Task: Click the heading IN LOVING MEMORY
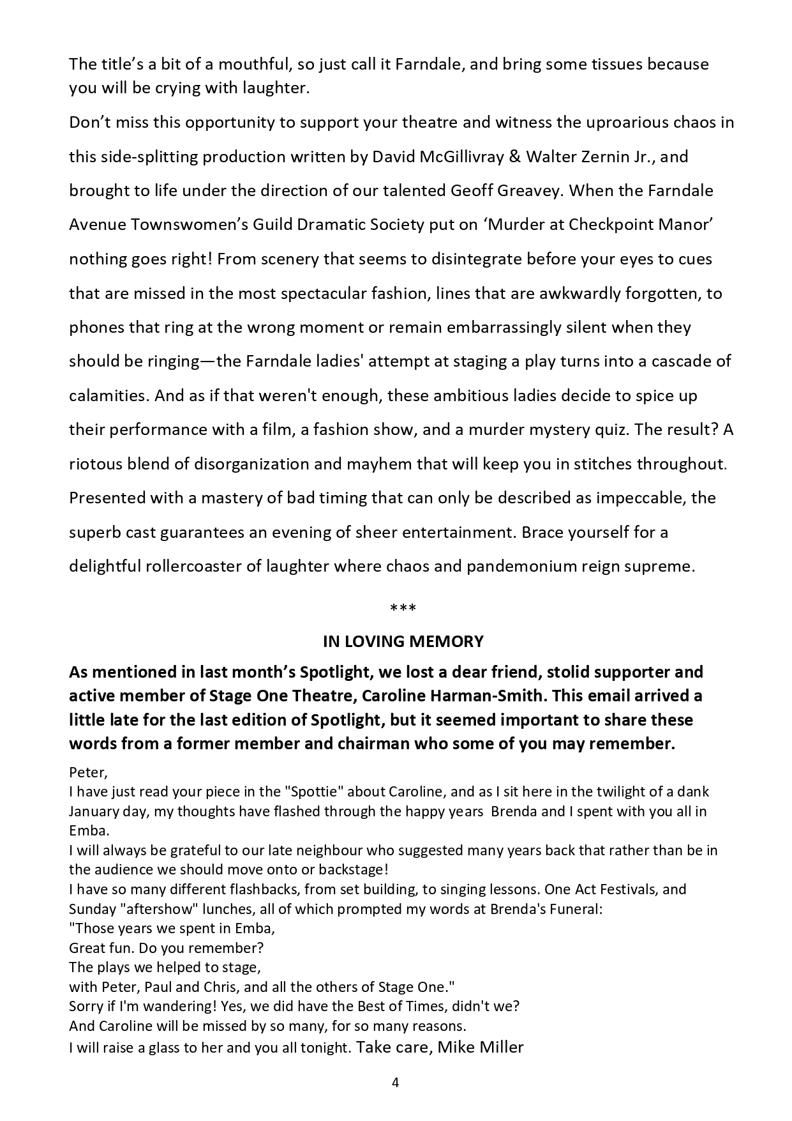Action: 403,641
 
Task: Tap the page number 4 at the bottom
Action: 395,1082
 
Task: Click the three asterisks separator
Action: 403,609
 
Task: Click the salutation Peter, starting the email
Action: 87,772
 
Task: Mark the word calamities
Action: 108,395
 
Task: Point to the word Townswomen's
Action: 190,225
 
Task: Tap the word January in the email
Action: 94,811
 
